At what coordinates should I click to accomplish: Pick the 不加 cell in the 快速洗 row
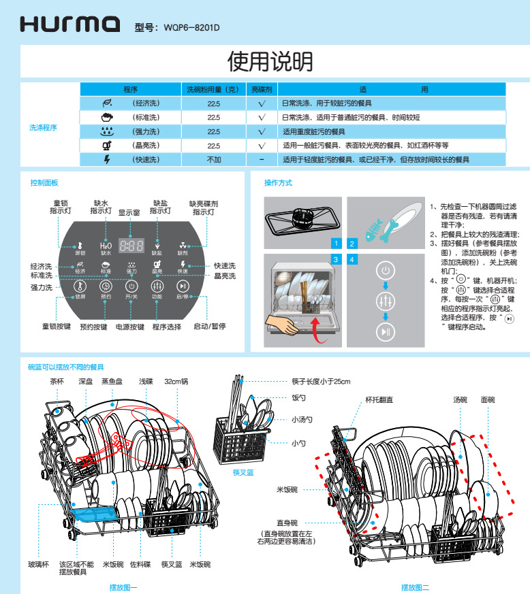point(214,159)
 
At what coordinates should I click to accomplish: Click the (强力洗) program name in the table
point(146,131)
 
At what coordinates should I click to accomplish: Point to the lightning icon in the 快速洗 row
point(106,159)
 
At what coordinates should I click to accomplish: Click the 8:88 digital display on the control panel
point(131,246)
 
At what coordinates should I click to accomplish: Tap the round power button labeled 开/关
point(131,287)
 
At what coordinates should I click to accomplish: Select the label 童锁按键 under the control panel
point(57,327)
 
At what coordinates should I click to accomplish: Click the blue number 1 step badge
point(336,243)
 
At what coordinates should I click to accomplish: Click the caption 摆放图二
point(415,587)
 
